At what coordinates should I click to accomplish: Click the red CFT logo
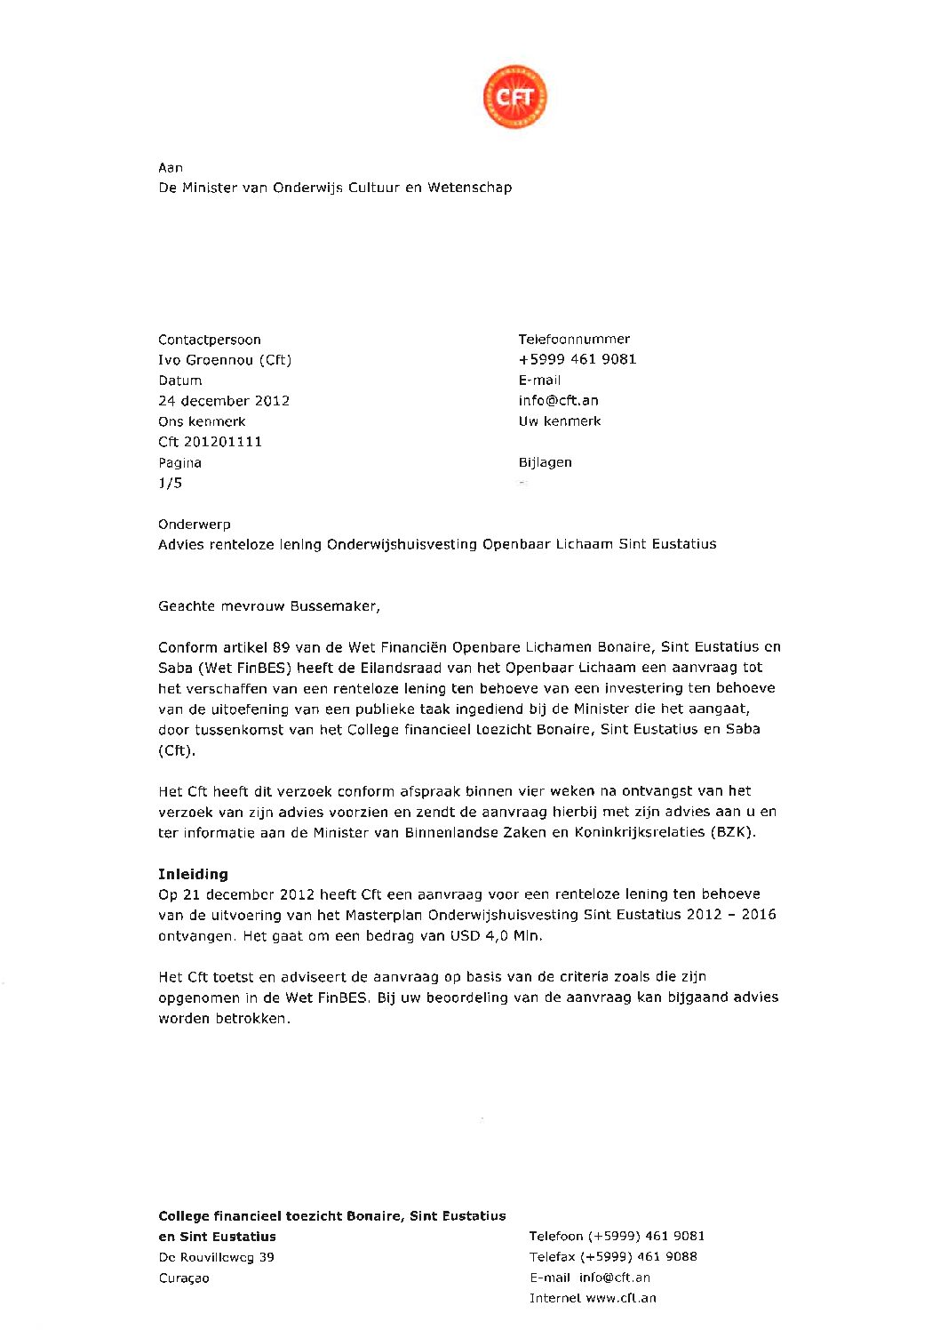coord(514,97)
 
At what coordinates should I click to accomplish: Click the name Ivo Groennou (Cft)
coord(225,360)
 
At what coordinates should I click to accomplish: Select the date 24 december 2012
coord(224,401)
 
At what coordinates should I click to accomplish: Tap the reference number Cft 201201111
coord(210,442)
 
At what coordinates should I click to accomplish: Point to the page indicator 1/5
coord(170,483)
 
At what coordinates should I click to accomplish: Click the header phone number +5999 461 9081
coord(578,359)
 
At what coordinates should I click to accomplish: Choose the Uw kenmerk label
coord(560,421)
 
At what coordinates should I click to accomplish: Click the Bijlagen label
coord(546,462)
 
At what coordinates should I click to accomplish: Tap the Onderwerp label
coord(194,525)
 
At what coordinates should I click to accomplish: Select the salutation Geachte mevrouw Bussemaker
coord(268,606)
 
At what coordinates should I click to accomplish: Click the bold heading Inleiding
coord(193,874)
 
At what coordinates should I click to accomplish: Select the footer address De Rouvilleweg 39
coord(216,1257)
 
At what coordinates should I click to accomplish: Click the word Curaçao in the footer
coord(184,1278)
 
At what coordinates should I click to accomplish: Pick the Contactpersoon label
coord(210,340)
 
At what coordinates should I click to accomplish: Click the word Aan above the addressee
coord(171,167)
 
